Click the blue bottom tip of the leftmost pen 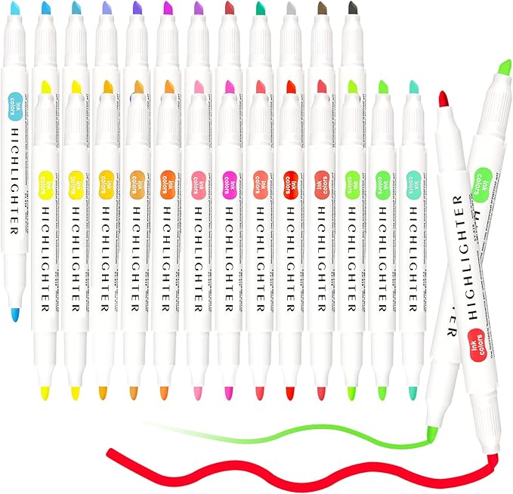(x=16, y=312)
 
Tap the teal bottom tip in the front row (x=412, y=393)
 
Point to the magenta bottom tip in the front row (x=226, y=393)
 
